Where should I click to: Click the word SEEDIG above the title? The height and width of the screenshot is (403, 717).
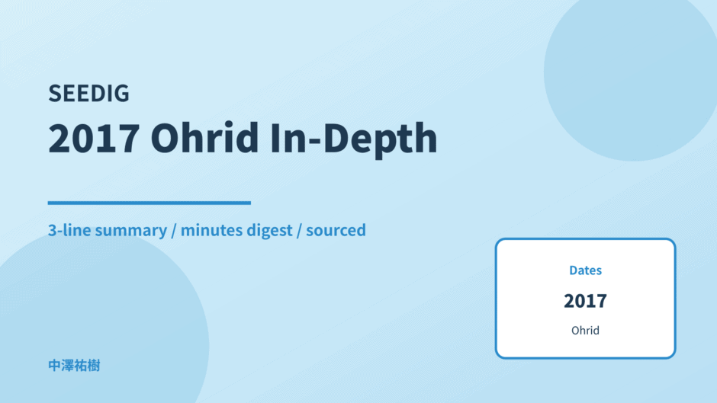tap(88, 93)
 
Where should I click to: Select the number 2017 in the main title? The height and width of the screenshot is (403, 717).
tap(94, 138)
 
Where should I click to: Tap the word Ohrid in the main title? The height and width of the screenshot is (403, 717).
tap(205, 137)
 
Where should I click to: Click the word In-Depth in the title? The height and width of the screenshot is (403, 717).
tap(353, 139)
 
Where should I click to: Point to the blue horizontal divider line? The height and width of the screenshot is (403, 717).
tap(149, 203)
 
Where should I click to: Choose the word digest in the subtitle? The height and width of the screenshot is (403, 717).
tap(269, 231)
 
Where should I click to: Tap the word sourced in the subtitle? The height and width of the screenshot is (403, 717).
tap(336, 230)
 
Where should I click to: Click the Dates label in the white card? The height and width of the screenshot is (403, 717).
tap(585, 270)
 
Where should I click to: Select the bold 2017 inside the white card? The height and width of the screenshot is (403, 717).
tap(585, 301)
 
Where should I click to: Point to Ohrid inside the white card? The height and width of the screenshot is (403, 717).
tap(585, 331)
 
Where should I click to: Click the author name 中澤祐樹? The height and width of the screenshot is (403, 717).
tap(74, 366)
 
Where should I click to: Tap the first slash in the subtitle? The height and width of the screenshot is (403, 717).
tap(174, 230)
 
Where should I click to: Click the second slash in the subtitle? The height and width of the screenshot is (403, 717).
tap(299, 230)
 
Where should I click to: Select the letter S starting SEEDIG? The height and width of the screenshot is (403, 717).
tap(54, 93)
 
